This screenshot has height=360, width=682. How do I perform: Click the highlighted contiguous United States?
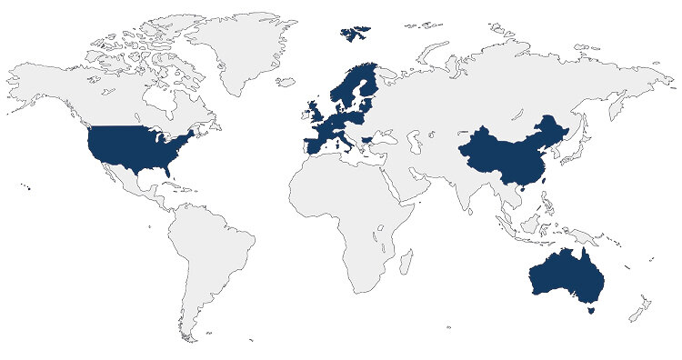click(136, 145)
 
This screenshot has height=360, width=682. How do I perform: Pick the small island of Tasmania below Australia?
click(592, 310)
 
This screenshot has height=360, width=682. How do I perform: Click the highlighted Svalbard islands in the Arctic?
click(355, 33)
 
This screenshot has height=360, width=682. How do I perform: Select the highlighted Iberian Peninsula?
click(314, 145)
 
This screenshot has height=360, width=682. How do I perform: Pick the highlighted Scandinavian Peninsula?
click(350, 86)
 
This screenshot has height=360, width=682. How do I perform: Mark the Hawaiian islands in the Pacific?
click(26, 187)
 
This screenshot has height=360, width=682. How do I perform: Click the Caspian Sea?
click(414, 141)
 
